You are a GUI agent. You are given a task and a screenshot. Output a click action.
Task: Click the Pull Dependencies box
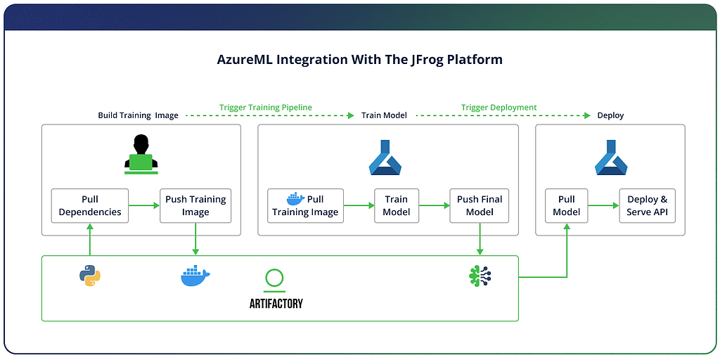[90, 205]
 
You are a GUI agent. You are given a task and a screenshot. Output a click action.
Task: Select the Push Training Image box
[195, 205]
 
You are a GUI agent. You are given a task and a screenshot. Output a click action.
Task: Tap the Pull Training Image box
[305, 205]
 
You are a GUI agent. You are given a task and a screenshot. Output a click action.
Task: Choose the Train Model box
[396, 205]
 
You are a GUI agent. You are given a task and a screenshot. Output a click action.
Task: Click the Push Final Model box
[480, 205]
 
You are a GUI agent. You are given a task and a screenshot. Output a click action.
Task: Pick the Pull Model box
[566, 205]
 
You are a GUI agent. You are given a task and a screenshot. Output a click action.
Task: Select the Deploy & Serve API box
[648, 205]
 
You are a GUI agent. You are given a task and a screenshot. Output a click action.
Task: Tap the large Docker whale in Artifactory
[195, 276]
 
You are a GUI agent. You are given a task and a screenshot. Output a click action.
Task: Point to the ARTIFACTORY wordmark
[276, 304]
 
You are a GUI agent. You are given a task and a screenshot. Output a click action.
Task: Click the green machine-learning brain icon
[480, 276]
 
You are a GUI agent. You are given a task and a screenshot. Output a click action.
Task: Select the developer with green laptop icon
[141, 154]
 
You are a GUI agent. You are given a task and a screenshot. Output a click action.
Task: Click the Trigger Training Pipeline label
[265, 108]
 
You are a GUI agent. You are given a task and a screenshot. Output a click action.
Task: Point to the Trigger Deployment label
[499, 108]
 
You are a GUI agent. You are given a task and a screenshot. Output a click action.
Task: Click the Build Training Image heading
[138, 115]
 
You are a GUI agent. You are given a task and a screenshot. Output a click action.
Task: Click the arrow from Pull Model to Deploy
[602, 205]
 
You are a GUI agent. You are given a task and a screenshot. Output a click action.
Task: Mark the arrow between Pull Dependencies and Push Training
[144, 205]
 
